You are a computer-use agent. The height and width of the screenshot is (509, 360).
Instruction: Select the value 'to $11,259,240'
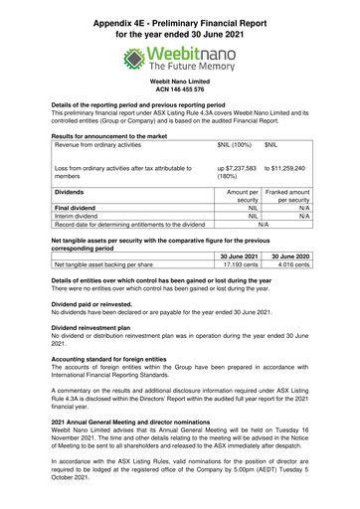pos(284,169)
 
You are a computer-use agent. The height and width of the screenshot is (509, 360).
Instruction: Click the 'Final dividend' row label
pos(81,207)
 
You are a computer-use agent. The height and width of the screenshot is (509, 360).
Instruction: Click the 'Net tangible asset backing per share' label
pos(103,264)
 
